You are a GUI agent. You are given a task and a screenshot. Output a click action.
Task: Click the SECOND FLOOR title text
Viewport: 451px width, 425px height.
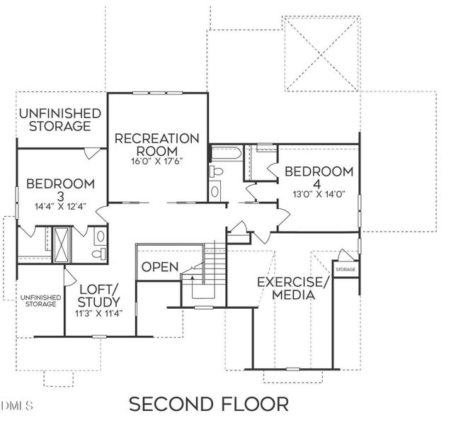(x=208, y=404)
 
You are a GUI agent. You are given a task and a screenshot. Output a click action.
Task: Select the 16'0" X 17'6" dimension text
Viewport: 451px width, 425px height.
(x=157, y=161)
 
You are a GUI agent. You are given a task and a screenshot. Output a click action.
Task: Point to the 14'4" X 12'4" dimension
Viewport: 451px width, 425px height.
(x=60, y=206)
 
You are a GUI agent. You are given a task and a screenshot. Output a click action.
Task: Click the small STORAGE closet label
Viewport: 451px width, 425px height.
(x=346, y=270)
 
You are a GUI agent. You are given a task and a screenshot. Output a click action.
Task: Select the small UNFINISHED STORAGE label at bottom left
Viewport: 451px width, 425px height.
(x=38, y=300)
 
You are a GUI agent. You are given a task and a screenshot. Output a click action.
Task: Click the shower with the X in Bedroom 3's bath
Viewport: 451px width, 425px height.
(x=63, y=244)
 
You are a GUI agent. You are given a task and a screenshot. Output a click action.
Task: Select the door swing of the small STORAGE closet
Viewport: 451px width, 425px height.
(x=344, y=256)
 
